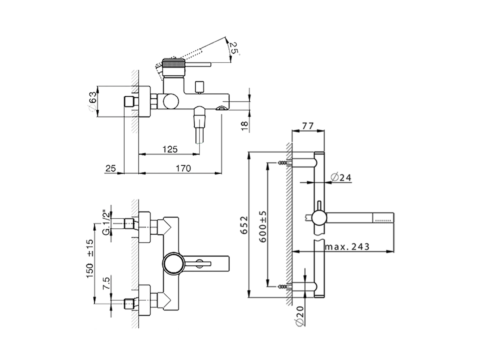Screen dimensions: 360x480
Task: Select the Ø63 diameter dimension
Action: click(93, 102)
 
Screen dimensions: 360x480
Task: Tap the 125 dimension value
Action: click(170, 149)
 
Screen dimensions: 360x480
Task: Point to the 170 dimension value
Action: click(183, 168)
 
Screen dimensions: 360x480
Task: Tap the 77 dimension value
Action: click(307, 126)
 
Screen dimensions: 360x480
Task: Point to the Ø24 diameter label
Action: click(341, 177)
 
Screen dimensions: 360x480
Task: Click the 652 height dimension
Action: click(244, 225)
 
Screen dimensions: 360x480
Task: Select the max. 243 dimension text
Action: click(347, 247)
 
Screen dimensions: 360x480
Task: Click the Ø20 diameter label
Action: click(299, 317)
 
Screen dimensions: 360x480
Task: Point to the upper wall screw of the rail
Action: click(284, 163)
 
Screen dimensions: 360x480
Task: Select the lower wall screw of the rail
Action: click(284, 287)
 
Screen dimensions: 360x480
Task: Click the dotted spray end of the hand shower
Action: click(383, 216)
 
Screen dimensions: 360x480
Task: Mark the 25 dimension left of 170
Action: click(111, 168)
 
